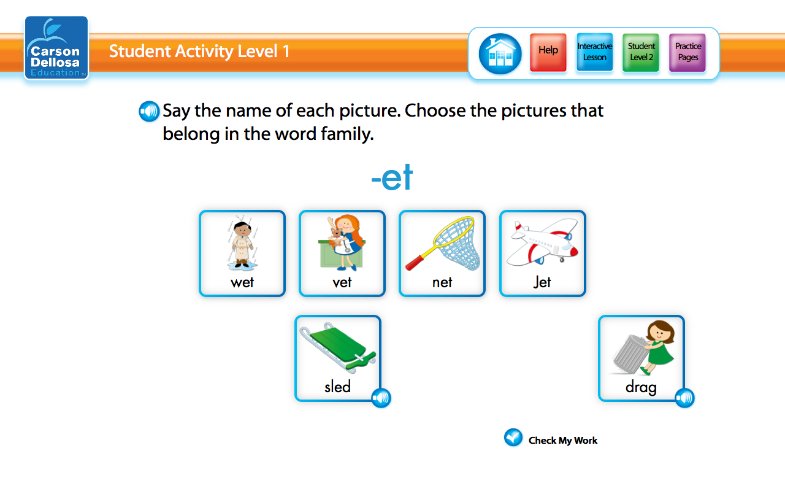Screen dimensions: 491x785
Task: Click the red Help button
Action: coord(548,52)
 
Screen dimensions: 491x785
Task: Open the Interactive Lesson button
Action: coord(594,52)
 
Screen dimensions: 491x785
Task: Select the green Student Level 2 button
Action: coord(641,52)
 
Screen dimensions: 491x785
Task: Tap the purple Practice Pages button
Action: coord(687,52)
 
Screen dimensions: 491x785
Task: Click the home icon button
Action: coord(500,54)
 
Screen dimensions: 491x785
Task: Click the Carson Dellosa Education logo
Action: coord(56,48)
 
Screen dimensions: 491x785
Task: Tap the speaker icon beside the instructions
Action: coord(149,111)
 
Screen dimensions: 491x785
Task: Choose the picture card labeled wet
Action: coord(242,253)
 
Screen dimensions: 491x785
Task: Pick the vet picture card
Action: coord(342,253)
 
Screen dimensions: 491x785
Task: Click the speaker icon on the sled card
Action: coord(381,398)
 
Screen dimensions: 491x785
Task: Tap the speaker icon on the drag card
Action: coord(684,398)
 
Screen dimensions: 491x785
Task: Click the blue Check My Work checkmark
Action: coord(513,438)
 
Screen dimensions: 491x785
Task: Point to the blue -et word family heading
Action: coord(392,179)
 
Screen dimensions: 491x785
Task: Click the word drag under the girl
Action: coord(641,387)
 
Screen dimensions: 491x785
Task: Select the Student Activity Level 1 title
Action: coord(199,51)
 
